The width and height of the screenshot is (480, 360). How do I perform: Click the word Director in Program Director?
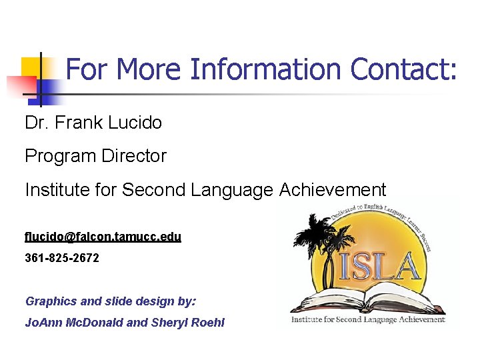click(134, 156)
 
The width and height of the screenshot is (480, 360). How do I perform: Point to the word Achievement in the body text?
click(333, 190)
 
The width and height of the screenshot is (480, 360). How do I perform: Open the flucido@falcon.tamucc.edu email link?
click(103, 237)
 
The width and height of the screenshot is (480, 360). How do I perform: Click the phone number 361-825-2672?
click(62, 257)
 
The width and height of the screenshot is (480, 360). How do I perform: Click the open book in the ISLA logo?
click(367, 297)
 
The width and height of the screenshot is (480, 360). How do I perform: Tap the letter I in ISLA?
click(345, 265)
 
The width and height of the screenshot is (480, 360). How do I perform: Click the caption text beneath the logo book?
click(367, 319)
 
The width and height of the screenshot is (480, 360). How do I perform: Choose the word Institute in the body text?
click(59, 190)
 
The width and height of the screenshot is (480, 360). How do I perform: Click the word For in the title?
click(83, 69)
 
